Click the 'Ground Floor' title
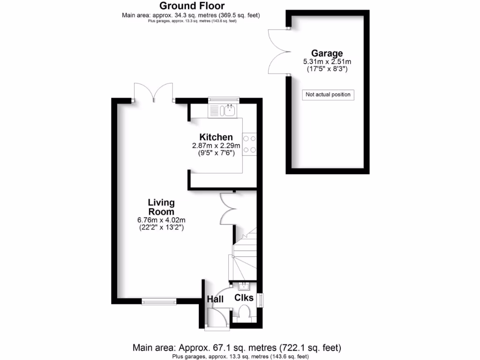point(192,6)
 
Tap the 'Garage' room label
point(328,53)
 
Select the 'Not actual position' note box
point(328,95)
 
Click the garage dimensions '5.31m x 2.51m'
point(328,61)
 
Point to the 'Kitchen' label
point(216,137)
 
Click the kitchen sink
point(229,111)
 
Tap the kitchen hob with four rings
point(249,144)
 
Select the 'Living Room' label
point(161,207)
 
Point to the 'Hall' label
point(215,298)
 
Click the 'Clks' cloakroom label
point(244,298)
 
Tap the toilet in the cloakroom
point(244,312)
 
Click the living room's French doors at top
point(153,92)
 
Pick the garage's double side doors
point(277,52)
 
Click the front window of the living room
point(156,302)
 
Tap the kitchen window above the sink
point(224,99)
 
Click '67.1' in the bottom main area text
point(207,348)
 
